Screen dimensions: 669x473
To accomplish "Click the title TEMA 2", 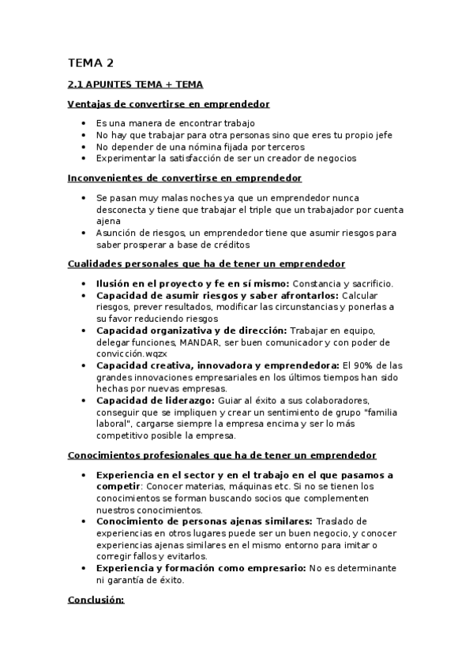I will pos(91,62).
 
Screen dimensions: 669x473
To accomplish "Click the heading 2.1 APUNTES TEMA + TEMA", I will pos(135,84).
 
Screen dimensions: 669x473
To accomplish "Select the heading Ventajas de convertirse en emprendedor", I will pos(168,104).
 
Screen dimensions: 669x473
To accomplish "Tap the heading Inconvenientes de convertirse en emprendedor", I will pos(185,178).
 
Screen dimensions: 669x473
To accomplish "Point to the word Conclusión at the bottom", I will pos(96,600).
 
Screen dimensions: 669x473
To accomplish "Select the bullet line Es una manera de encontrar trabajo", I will pos(175,124).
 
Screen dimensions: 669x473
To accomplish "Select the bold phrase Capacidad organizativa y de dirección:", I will pos(191,331).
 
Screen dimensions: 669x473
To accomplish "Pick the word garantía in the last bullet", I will pos(131,580).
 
